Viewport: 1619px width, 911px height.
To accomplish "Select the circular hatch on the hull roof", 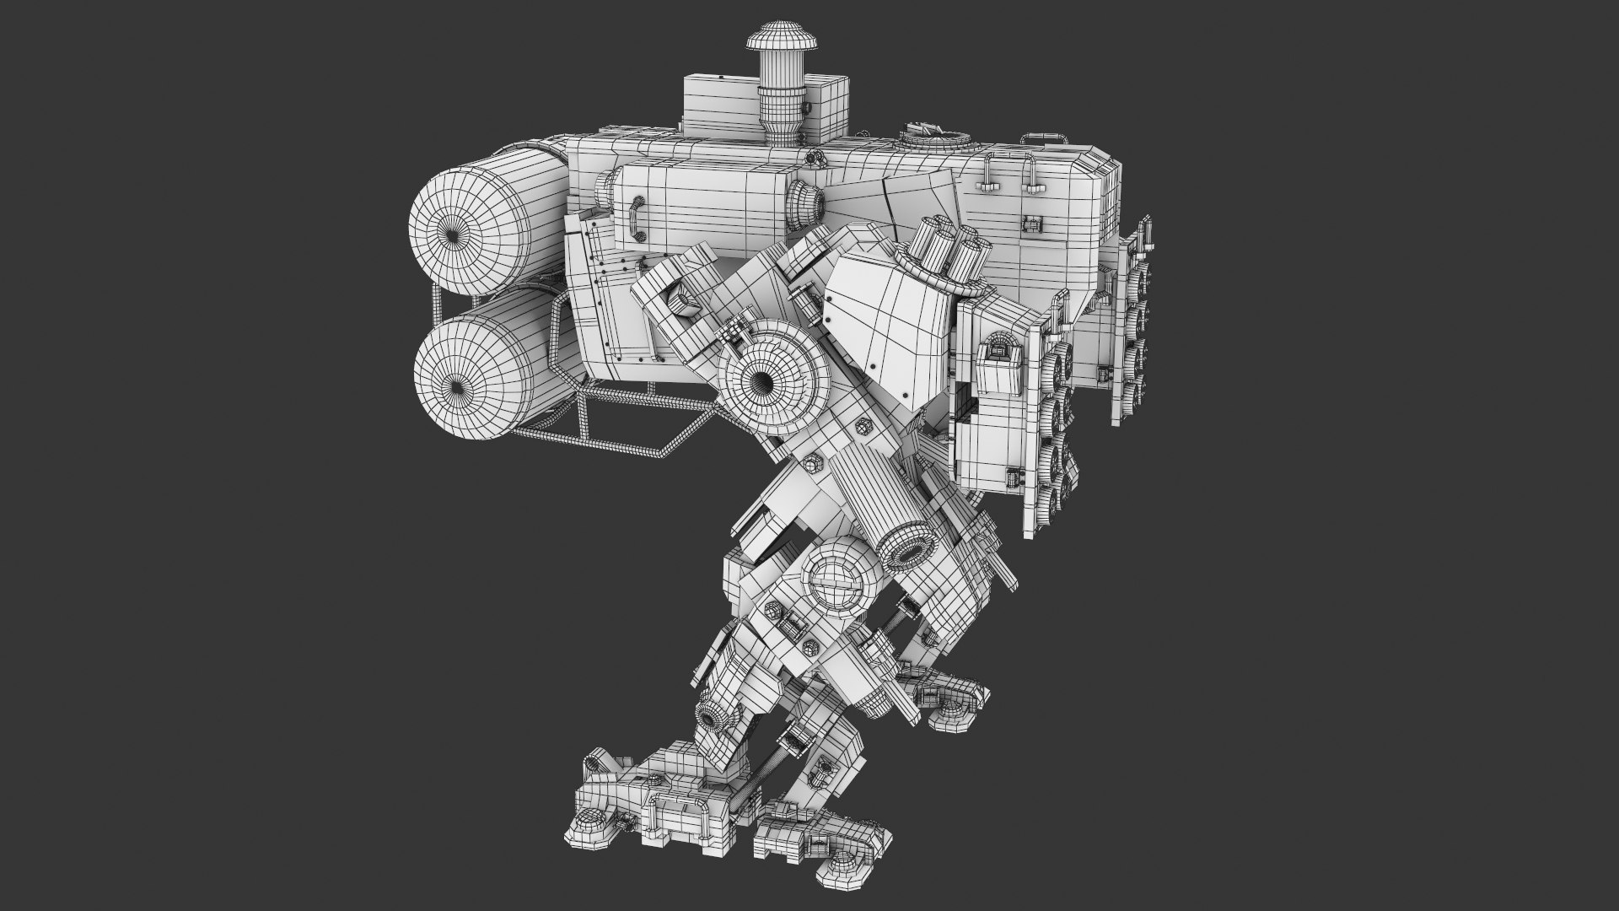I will coord(931,134).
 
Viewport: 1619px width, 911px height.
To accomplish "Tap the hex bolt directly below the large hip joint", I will coord(814,462).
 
